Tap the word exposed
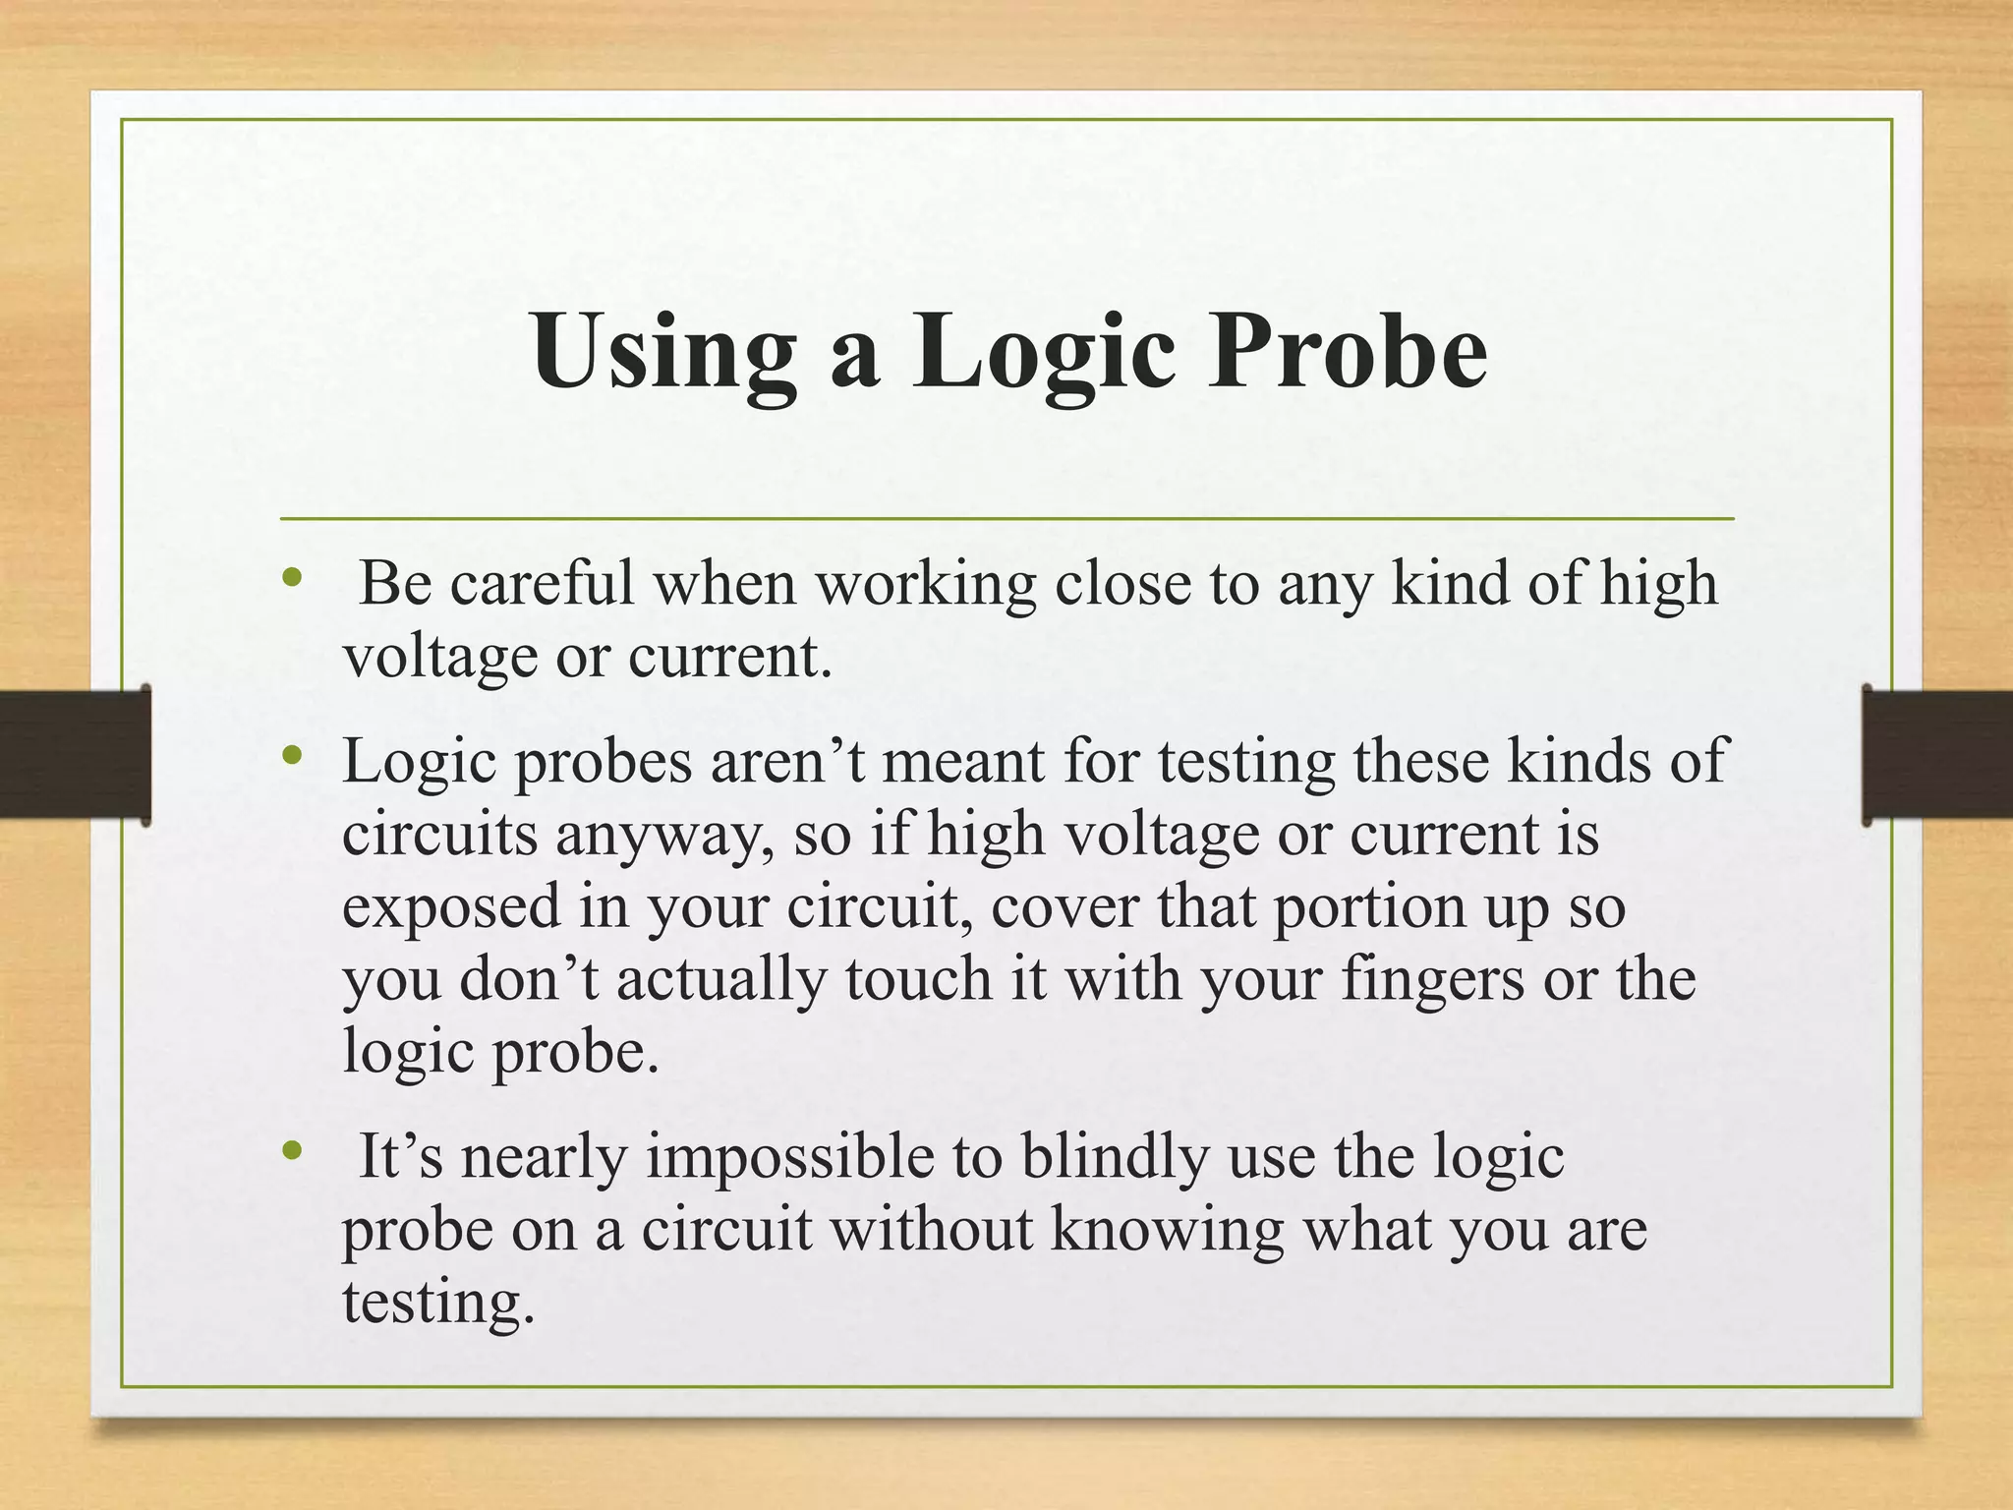(x=451, y=907)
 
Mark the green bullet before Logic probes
(x=289, y=756)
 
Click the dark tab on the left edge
(x=75, y=754)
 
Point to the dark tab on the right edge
(x=1936, y=754)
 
